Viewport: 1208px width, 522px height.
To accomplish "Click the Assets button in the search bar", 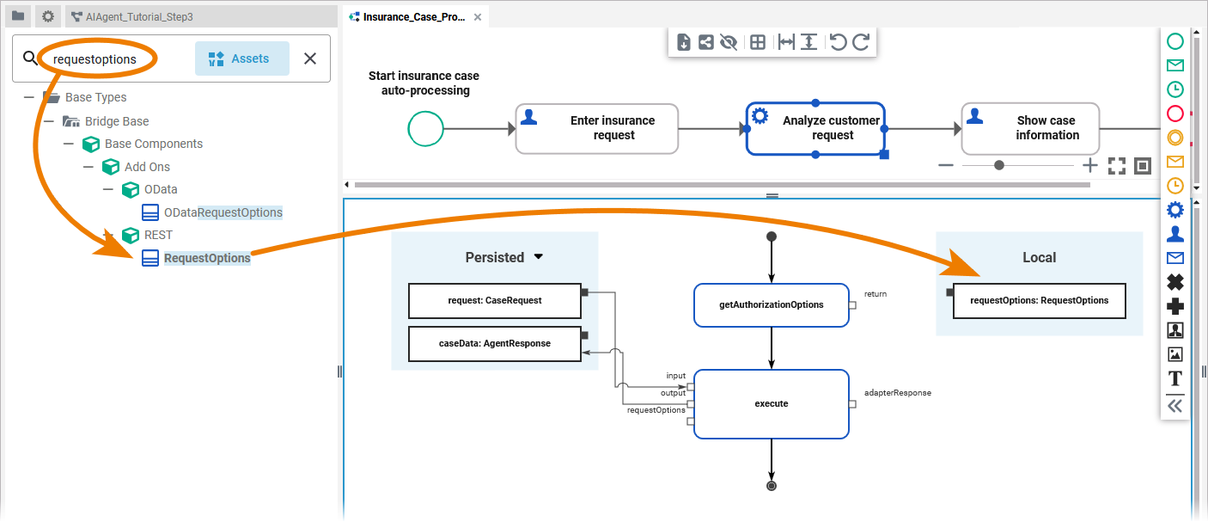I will point(241,58).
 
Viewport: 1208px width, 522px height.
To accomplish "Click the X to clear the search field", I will point(310,58).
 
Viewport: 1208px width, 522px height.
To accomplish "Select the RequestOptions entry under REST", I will point(207,258).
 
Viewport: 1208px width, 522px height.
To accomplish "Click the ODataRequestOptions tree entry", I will point(223,212).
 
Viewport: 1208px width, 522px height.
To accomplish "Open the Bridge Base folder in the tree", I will point(116,121).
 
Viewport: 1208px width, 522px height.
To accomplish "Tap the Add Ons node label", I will point(147,167).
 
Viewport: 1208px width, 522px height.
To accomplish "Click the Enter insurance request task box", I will point(597,129).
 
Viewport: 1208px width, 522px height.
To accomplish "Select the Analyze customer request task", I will point(815,129).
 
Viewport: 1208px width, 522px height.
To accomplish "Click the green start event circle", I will point(425,129).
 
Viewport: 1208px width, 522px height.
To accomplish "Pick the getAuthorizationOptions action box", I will point(771,305).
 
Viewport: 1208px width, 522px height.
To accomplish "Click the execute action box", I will point(771,403).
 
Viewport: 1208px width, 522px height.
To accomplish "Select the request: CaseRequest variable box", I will point(495,301).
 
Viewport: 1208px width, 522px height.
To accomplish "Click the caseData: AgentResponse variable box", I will point(495,343).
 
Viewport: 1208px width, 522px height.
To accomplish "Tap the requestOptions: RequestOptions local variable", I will point(1039,301).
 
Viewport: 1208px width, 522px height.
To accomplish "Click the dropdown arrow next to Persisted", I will point(539,256).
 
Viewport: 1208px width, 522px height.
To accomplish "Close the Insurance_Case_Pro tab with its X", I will point(478,17).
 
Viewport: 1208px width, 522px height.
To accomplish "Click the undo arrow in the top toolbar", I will point(838,42).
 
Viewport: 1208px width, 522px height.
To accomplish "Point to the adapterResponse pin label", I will point(897,393).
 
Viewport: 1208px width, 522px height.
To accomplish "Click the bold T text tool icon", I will point(1175,378).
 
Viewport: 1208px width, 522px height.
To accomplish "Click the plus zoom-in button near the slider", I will point(1089,165).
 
